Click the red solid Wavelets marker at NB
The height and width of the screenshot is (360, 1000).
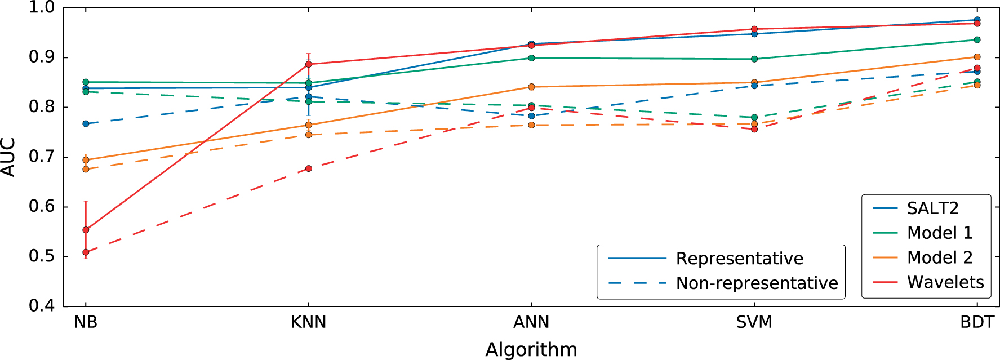point(86,230)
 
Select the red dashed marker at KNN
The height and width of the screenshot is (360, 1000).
point(309,168)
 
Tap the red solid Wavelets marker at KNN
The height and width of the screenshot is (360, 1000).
point(309,64)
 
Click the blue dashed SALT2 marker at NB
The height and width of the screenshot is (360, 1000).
point(86,123)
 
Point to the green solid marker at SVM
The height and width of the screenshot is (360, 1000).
point(754,59)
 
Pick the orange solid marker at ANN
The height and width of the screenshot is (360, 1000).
point(531,87)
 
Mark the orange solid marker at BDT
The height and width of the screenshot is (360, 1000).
point(977,57)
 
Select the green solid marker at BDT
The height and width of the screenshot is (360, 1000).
point(977,40)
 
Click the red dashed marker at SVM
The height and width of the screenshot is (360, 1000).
point(754,129)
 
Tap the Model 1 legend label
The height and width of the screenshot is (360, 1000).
point(939,233)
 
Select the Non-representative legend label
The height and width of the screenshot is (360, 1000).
point(757,283)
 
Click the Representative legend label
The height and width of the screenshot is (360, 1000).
point(739,259)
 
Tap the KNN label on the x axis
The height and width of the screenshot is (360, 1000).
point(309,322)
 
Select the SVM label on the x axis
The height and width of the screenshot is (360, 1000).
point(754,322)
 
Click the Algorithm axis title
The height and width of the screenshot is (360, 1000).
point(531,349)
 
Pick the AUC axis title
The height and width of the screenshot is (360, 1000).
point(8,157)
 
